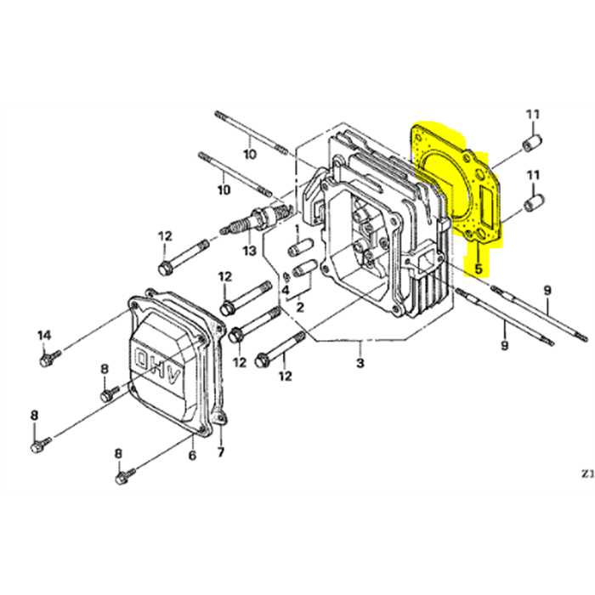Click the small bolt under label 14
(x=47, y=361)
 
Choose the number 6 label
(x=192, y=456)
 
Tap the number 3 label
(x=360, y=364)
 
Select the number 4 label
(x=286, y=290)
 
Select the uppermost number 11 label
(x=532, y=116)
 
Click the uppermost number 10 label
(x=249, y=154)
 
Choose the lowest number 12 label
(x=285, y=375)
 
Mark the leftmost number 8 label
(x=35, y=415)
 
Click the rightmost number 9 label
(x=547, y=291)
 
